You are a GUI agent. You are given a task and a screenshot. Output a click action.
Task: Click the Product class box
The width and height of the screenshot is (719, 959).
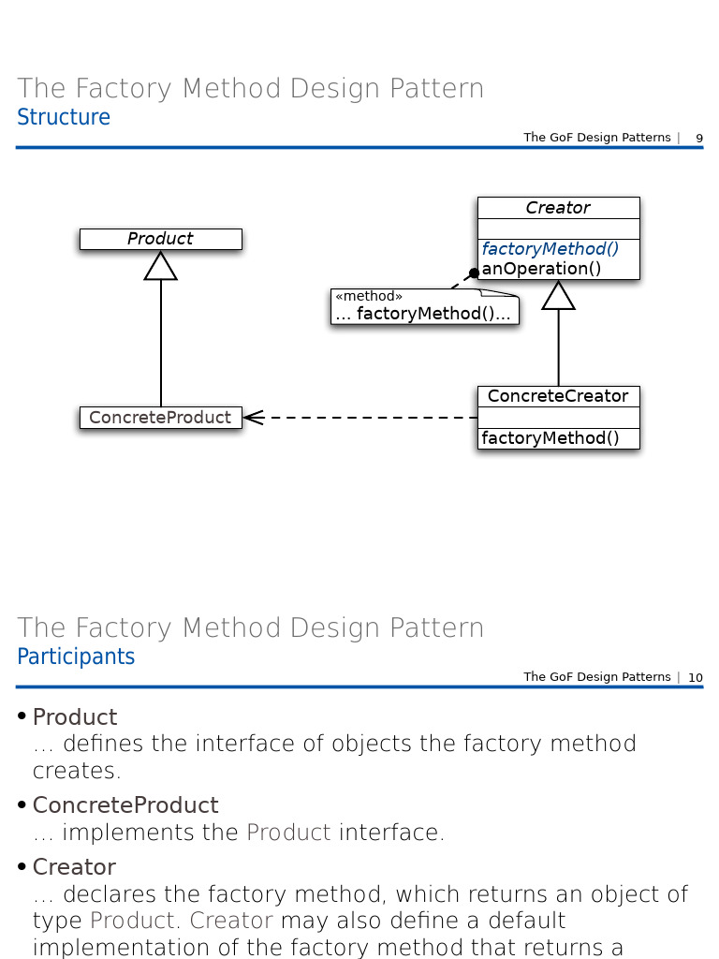160,239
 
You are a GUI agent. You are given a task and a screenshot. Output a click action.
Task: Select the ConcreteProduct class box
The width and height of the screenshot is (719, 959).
160,418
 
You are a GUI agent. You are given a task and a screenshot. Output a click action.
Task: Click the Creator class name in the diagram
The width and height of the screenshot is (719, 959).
558,208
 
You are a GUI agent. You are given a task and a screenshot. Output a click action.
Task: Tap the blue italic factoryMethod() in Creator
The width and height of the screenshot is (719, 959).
550,249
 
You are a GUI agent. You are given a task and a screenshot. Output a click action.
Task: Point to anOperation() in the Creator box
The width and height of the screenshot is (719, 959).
541,269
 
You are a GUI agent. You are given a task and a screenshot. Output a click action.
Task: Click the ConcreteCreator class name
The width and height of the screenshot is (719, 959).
558,396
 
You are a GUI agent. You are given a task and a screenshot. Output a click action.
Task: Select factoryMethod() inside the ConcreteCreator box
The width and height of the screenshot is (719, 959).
550,438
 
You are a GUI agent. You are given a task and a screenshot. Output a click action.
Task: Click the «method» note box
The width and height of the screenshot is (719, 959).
424,307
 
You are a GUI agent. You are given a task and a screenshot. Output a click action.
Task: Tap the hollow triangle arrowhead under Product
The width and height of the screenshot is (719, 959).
161,266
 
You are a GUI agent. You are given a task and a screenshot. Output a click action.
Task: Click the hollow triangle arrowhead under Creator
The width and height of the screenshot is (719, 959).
559,296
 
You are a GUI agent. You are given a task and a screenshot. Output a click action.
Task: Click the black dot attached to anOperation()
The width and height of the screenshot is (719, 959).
474,273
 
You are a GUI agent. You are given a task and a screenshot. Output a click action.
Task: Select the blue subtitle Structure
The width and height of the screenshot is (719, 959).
64,117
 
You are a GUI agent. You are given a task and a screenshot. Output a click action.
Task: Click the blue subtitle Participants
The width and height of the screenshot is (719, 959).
76,657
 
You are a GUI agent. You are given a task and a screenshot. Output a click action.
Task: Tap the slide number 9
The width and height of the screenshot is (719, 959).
698,139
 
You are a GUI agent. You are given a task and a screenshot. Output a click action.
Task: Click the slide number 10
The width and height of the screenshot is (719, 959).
696,678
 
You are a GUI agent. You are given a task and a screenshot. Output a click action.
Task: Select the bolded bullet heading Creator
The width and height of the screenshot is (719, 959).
74,866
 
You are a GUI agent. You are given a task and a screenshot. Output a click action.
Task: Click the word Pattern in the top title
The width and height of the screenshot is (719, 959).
437,89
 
